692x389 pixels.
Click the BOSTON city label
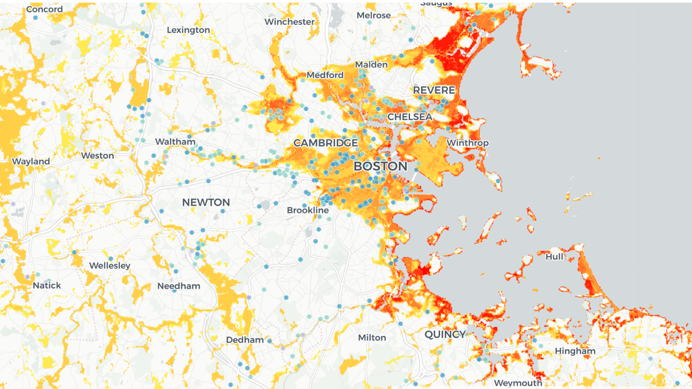tap(380, 166)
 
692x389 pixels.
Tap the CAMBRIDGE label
tap(325, 143)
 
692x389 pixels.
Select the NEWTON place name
tap(206, 202)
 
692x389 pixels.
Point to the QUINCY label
tap(445, 334)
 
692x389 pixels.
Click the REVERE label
tap(434, 91)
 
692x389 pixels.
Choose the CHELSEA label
tap(409, 117)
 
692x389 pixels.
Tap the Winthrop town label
tap(467, 143)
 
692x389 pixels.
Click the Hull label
tap(554, 257)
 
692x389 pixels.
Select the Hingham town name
tap(575, 351)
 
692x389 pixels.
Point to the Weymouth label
tap(518, 383)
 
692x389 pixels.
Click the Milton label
tap(372, 338)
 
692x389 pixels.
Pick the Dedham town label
tap(244, 340)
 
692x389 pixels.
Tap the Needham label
tap(179, 286)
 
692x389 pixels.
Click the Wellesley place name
tap(110, 266)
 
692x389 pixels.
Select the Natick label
tap(47, 285)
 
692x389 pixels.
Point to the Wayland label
tap(31, 162)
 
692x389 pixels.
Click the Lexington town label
tap(188, 30)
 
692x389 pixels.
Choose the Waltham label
tap(175, 142)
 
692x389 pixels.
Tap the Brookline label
tap(307, 210)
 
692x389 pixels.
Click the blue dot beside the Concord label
tap(35, 17)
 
